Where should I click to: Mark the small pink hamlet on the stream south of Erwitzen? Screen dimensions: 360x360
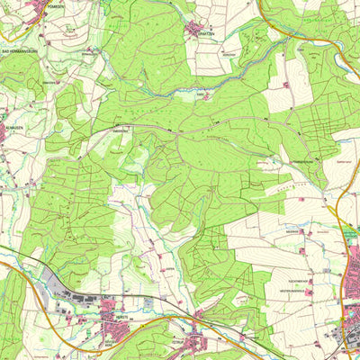tap(209, 91)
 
